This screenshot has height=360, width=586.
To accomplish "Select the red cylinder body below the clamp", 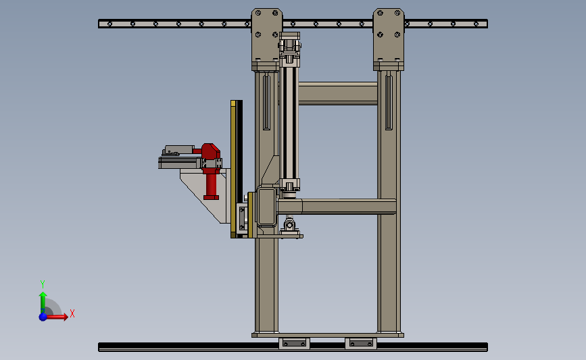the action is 211,184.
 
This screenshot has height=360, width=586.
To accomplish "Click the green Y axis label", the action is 42,284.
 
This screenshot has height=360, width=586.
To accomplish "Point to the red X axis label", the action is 72,313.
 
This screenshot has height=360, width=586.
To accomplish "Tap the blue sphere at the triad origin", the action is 43,317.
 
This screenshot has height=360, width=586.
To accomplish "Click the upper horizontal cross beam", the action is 337,93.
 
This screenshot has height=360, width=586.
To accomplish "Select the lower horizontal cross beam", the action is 337,207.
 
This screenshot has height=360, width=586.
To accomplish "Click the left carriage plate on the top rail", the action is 267,39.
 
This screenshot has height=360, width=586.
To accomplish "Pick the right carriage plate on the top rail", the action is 389,39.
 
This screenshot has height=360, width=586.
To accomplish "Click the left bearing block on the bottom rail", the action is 295,343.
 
